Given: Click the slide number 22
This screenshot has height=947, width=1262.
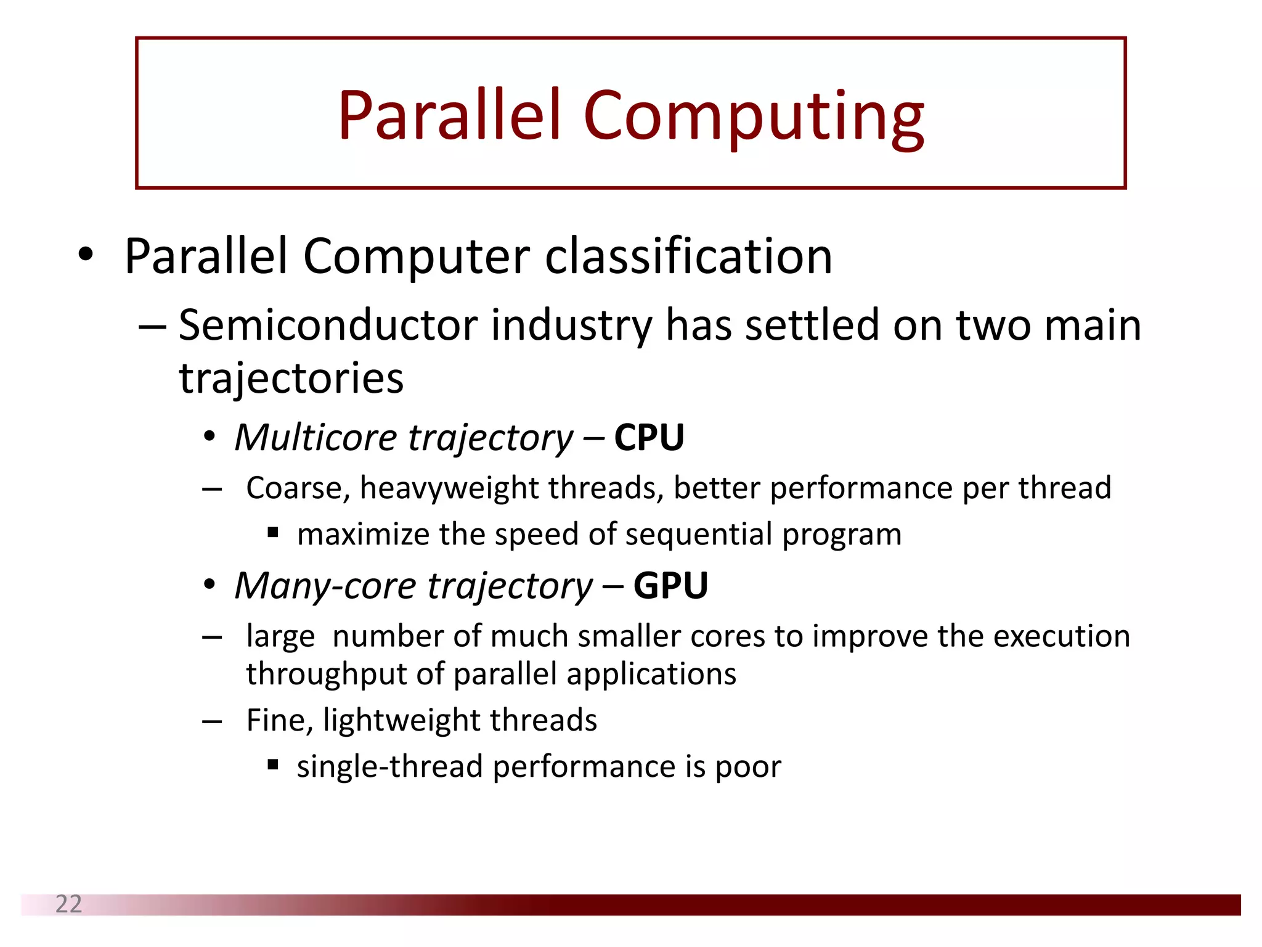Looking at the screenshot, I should (x=68, y=904).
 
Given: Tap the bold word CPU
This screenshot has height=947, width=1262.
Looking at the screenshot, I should (x=649, y=438).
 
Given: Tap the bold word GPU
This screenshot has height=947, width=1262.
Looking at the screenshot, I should (x=670, y=585).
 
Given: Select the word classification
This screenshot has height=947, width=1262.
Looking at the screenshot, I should (x=688, y=256).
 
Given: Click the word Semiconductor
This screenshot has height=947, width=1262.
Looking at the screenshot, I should (x=328, y=325).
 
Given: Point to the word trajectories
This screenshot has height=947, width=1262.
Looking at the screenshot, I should (x=291, y=378).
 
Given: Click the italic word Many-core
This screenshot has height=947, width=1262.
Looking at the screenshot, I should (x=326, y=585).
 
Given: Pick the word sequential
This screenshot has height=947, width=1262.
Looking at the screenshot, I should (x=698, y=535).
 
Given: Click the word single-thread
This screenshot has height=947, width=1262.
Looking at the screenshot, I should (x=389, y=767).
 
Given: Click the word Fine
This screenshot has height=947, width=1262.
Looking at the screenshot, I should (x=279, y=720).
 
